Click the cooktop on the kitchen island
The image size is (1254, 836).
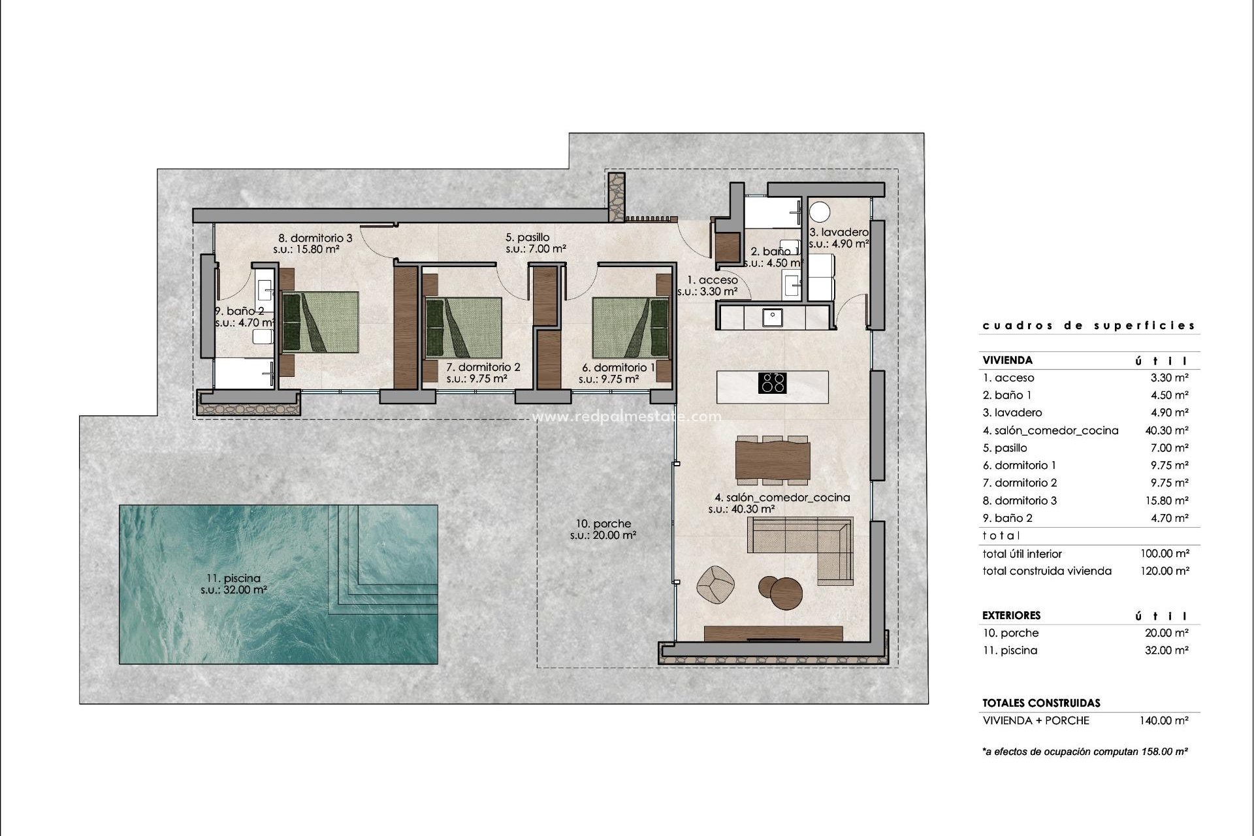pyautogui.click(x=772, y=382)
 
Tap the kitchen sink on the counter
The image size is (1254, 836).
pyautogui.click(x=773, y=317)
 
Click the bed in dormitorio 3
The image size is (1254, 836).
pyautogui.click(x=320, y=322)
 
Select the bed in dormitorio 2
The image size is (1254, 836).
pyautogui.click(x=463, y=328)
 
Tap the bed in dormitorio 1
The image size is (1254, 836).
pyautogui.click(x=631, y=328)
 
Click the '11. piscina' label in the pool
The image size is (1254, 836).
pyautogui.click(x=233, y=578)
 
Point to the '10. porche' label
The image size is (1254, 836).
pyautogui.click(x=603, y=523)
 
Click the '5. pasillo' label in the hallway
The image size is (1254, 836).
pyautogui.click(x=527, y=237)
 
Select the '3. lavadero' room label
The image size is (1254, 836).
pyautogui.click(x=839, y=232)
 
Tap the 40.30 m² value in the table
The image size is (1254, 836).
pyautogui.click(x=1168, y=430)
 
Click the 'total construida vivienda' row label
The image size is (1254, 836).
pyautogui.click(x=1046, y=571)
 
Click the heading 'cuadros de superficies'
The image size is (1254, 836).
pyautogui.click(x=1089, y=325)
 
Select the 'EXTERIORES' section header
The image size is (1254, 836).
pyautogui.click(x=1011, y=615)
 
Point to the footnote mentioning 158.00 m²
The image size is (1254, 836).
pyautogui.click(x=1084, y=752)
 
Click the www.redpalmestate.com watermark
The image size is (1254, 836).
pyautogui.click(x=627, y=417)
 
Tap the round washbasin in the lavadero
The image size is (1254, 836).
pyautogui.click(x=820, y=212)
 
